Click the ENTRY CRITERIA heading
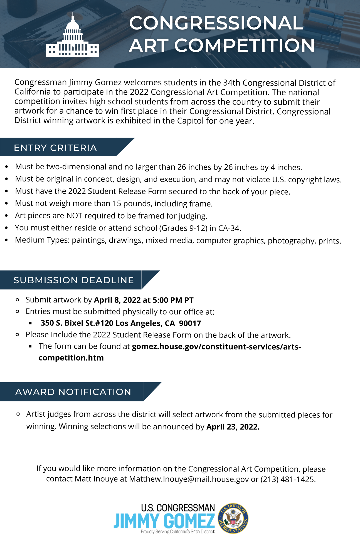coord(55,148)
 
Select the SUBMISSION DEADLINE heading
coord(74,280)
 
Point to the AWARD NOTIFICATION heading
coord(73,392)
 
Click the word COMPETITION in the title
coord(244,46)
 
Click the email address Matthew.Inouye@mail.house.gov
coord(189,479)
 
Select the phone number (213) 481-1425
coord(288,479)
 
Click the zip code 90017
coord(190,323)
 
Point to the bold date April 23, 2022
coord(233,427)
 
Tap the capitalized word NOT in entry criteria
coord(74,216)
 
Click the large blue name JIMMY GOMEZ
coord(164,521)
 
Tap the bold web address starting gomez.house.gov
coord(216,347)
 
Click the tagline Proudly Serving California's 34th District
coord(178,532)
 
